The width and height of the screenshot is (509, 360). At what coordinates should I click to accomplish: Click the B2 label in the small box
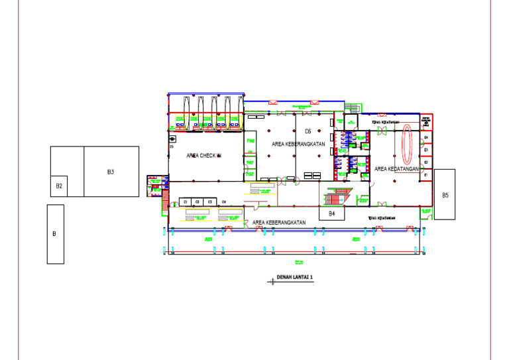pos(59,186)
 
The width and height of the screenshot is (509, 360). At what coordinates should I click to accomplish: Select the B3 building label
pos(111,172)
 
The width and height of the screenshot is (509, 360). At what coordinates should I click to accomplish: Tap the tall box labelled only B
pos(55,234)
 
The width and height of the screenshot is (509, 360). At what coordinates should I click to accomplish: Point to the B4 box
pos(332,214)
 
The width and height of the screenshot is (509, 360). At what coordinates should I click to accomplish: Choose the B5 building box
pos(445,194)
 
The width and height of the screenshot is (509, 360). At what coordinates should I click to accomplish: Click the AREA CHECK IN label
pos(204,156)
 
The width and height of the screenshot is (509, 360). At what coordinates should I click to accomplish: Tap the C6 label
pos(308,131)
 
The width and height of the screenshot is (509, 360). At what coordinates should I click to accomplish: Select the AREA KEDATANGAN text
pos(397,169)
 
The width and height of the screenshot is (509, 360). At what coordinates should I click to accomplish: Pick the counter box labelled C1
pos(186,201)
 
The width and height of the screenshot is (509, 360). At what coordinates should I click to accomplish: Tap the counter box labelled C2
pos(198,201)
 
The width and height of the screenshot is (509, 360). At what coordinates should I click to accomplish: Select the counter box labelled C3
pos(209,201)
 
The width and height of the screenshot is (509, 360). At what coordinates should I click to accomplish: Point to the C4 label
pos(224,201)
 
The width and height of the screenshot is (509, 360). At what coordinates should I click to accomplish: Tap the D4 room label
pos(426,137)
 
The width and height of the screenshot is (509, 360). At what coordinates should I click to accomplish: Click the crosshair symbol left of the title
pos(272,281)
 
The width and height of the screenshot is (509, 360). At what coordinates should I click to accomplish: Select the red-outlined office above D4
pos(426,123)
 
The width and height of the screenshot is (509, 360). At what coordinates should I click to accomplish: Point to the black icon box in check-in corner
pos(172,139)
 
